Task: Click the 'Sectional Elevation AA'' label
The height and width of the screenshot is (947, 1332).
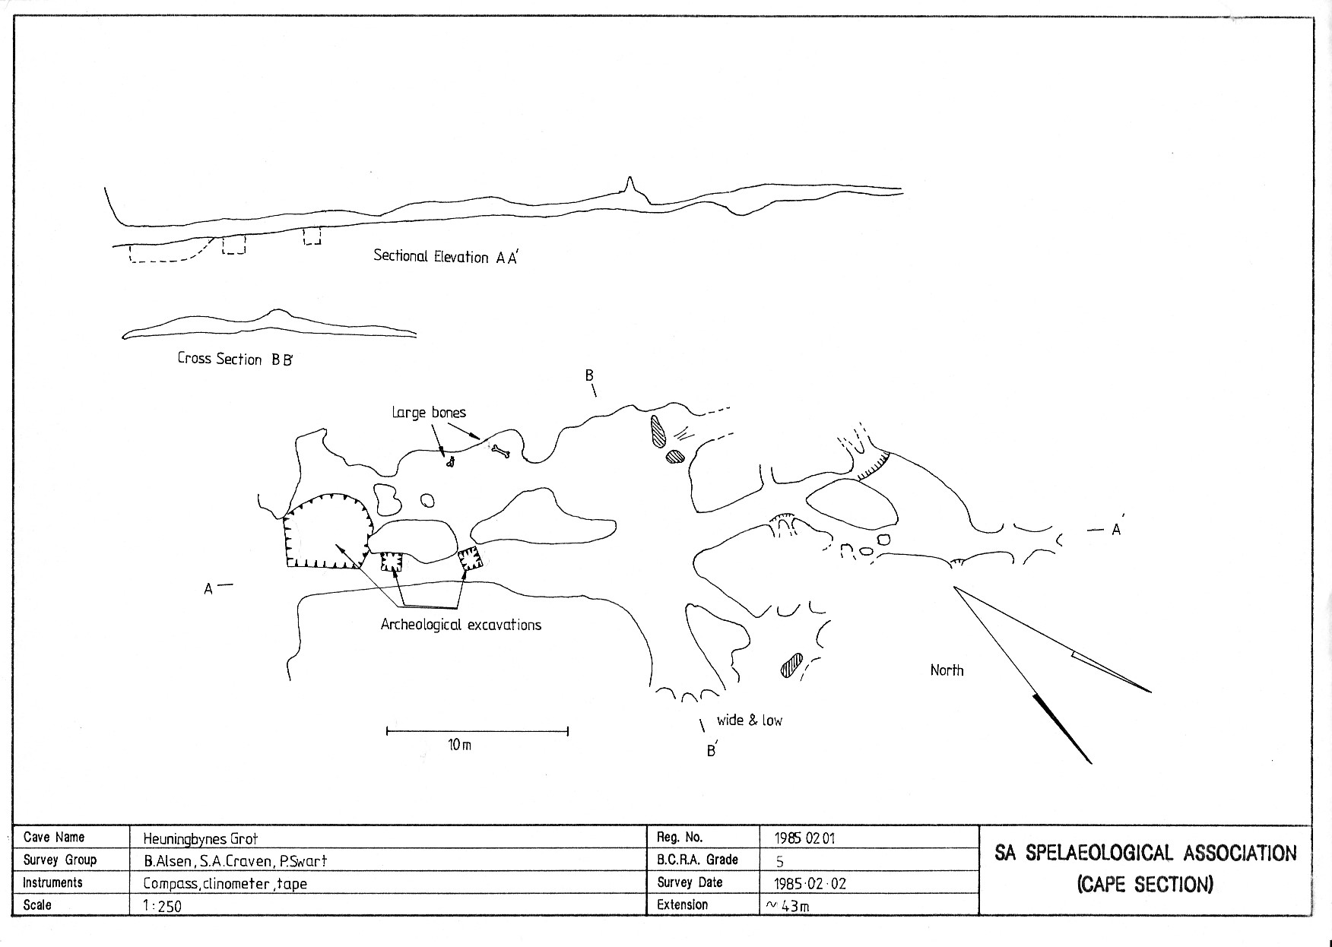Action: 445,257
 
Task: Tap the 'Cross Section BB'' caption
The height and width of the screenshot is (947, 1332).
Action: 235,359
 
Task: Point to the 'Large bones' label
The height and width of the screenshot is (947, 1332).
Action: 429,413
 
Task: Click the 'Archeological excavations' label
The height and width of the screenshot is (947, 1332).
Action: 461,625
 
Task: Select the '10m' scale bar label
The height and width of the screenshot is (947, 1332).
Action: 459,746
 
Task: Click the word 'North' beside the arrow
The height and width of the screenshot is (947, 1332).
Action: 947,670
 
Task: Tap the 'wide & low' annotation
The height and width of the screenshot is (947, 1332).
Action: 749,720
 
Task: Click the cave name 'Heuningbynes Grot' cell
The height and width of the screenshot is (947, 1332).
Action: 201,839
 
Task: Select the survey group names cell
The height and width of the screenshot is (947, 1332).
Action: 235,861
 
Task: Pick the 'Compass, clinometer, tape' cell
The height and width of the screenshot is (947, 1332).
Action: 225,884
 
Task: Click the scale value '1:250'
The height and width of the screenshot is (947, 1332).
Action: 162,906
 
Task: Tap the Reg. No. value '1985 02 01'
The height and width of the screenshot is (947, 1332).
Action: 805,838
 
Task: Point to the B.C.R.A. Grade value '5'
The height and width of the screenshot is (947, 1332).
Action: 779,862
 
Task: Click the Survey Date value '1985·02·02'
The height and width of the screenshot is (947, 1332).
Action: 810,884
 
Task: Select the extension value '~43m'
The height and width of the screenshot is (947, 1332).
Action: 788,906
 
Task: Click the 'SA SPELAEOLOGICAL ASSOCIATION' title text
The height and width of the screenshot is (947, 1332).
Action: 1146,854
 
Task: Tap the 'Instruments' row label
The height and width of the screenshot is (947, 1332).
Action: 52,883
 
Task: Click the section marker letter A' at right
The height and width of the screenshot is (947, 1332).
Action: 1116,529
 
